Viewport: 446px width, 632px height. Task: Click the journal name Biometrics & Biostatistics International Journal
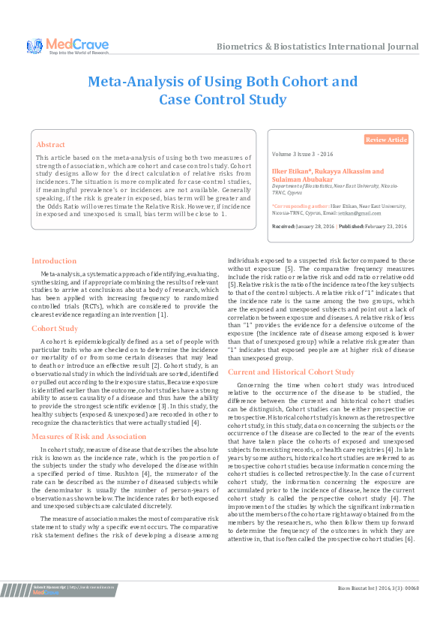[317, 47]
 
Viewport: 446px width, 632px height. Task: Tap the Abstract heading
[51, 144]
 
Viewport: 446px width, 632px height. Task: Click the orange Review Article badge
[386, 140]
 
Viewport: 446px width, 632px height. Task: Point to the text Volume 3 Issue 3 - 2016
[303, 154]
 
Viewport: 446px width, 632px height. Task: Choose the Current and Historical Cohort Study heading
[291, 372]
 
